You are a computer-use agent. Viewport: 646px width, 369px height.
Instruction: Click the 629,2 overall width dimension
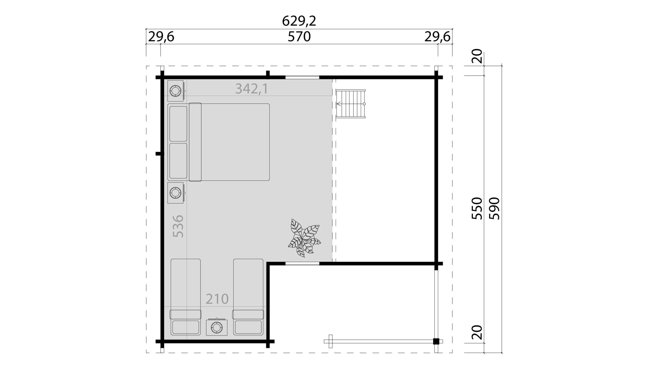click(299, 21)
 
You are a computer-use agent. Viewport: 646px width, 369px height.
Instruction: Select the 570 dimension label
click(299, 37)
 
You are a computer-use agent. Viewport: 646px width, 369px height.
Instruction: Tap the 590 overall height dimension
click(494, 209)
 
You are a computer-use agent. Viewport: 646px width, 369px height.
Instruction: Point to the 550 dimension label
click(477, 208)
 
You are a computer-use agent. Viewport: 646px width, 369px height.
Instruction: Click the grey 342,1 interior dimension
click(252, 89)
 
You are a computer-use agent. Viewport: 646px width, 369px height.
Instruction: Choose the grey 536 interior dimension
click(178, 226)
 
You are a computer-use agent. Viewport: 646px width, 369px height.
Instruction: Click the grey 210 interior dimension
click(217, 299)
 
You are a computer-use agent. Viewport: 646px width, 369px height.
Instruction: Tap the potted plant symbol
click(304, 238)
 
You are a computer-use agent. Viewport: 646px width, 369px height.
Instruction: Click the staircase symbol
click(351, 104)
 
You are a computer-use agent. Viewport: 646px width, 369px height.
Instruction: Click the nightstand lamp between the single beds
click(217, 327)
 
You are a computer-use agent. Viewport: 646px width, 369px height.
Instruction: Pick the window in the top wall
click(302, 77)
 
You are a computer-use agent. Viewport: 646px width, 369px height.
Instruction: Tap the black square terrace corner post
click(436, 341)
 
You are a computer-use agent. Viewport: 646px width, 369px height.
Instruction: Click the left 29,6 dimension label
click(161, 37)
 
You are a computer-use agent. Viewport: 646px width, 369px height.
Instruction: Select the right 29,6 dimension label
click(437, 37)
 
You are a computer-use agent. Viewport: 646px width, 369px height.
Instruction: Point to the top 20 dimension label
click(477, 56)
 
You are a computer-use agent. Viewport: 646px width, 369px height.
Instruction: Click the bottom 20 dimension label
click(477, 332)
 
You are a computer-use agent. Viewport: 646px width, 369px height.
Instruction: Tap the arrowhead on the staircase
click(338, 104)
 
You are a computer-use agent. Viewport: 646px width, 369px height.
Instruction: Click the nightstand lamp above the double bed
click(176, 91)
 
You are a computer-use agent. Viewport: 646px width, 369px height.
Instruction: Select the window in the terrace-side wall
click(302, 264)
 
